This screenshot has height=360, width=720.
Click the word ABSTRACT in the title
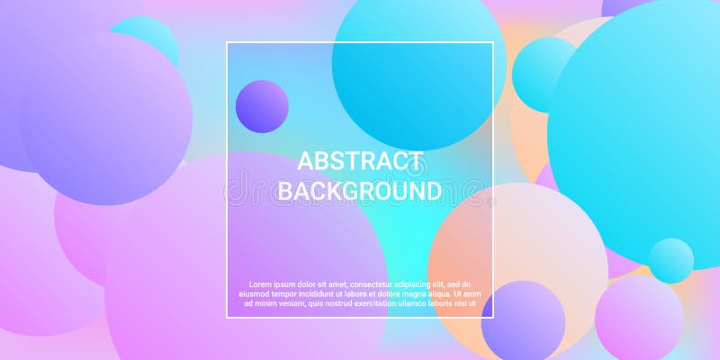[x=360, y=162]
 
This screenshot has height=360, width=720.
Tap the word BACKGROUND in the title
[x=360, y=191]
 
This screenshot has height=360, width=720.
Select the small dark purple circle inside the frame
[x=262, y=106]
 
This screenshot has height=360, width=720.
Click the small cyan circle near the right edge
[x=671, y=261]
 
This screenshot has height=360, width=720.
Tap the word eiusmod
[x=258, y=294]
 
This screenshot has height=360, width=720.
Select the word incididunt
[x=337, y=294]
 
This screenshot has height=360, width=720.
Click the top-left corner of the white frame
[x=227, y=43]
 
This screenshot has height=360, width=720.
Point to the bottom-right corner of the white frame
[x=493, y=317]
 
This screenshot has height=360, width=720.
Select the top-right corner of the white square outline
[x=493, y=43]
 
